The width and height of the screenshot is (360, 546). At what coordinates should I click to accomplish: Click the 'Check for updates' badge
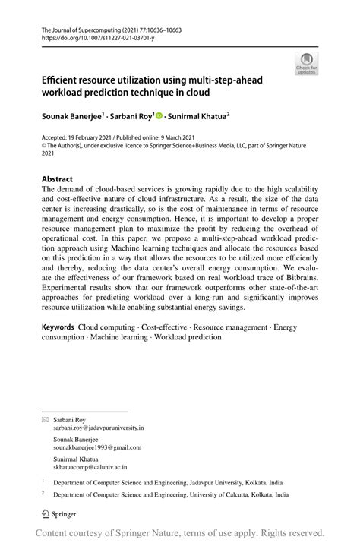tap(307, 64)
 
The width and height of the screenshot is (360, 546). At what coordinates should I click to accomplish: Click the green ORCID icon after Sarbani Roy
tap(158, 116)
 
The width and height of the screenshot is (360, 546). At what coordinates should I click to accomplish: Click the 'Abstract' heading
tap(57, 180)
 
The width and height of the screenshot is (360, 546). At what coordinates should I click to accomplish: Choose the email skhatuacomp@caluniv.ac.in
tap(90, 469)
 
